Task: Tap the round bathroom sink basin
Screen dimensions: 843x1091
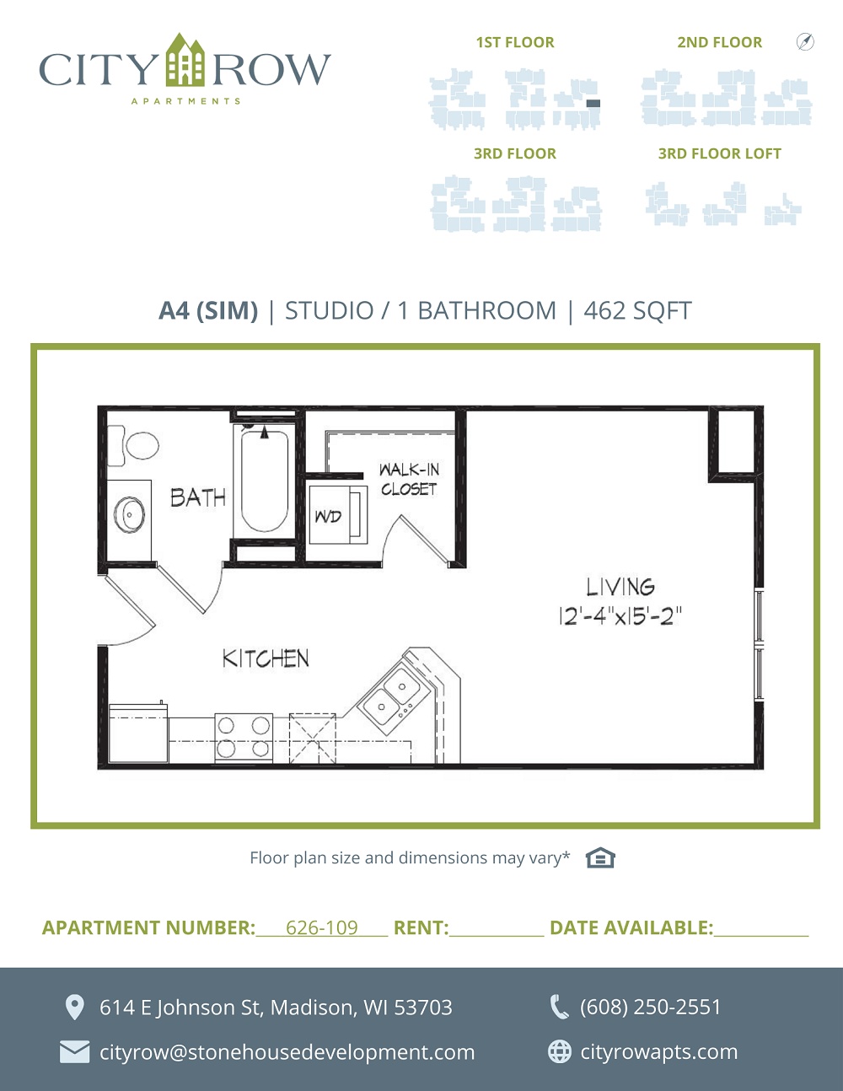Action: tap(130, 514)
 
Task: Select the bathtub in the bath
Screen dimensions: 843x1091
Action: tap(265, 481)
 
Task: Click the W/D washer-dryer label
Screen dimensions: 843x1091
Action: tap(328, 516)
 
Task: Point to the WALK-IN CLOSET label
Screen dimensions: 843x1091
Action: tap(409, 480)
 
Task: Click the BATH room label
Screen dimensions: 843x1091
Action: tap(198, 497)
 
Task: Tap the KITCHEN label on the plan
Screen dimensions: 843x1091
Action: tap(266, 658)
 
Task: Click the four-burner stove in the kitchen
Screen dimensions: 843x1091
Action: tap(244, 738)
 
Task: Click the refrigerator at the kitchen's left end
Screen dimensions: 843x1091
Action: tap(138, 733)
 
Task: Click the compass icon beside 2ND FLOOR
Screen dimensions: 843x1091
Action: tap(805, 42)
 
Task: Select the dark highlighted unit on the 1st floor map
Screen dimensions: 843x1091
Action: tap(593, 104)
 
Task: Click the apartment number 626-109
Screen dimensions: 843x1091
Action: tap(322, 927)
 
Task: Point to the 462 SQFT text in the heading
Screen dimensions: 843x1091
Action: tap(637, 310)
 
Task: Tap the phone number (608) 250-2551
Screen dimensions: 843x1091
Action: tap(650, 1007)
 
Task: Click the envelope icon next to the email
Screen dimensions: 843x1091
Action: tap(74, 1052)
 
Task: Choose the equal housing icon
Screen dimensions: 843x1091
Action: tap(600, 857)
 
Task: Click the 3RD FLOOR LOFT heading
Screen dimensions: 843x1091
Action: tap(720, 153)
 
